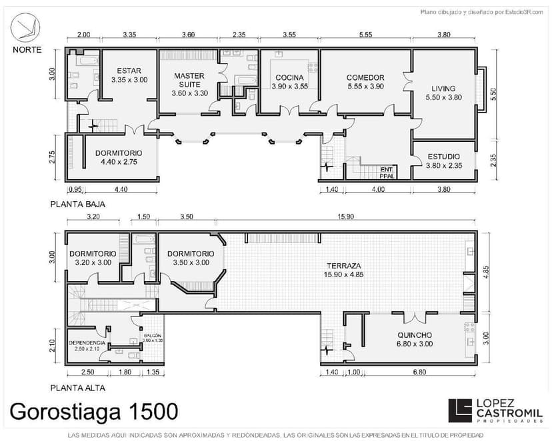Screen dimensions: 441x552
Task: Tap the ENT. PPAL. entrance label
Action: (x=387, y=173)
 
